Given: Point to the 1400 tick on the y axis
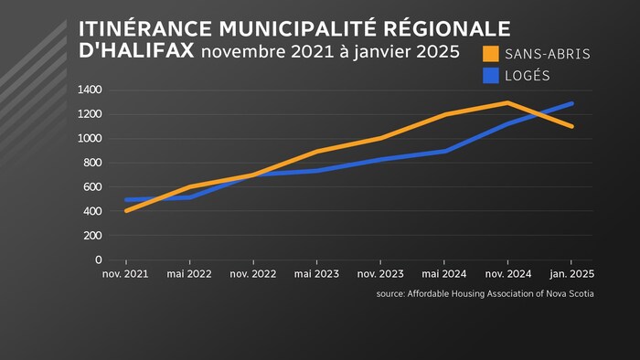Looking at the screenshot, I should click(90, 90).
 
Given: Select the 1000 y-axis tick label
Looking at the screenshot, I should click(90, 138).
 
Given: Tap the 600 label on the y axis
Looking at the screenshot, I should click(92, 187).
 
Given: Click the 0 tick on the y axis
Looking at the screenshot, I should click(98, 260).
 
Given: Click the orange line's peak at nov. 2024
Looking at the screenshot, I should click(507, 102).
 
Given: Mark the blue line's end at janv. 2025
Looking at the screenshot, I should click(571, 103).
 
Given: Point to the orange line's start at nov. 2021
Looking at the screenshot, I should click(126, 211).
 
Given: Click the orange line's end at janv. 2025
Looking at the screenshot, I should click(571, 126).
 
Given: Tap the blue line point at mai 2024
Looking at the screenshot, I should click(443, 151).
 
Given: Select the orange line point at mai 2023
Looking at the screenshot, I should click(315, 151).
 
